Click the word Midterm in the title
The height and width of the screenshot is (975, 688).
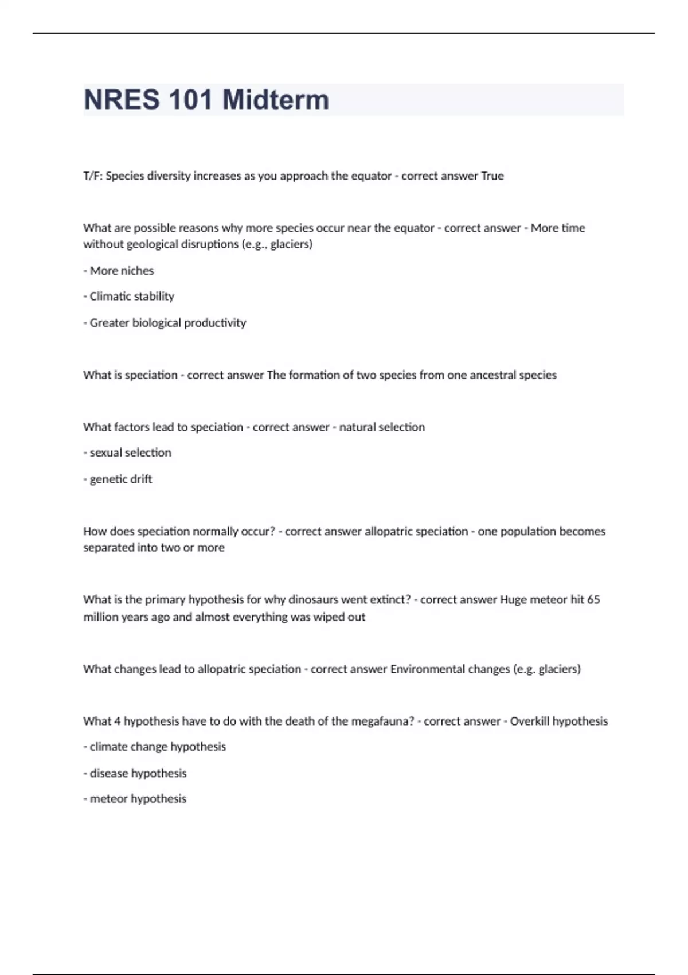[276, 100]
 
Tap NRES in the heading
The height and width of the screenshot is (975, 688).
[122, 100]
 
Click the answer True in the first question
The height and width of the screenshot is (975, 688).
[492, 176]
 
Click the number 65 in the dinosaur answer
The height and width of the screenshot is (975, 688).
[593, 600]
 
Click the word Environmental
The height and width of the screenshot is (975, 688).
[428, 669]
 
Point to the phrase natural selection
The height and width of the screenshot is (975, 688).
[382, 427]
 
